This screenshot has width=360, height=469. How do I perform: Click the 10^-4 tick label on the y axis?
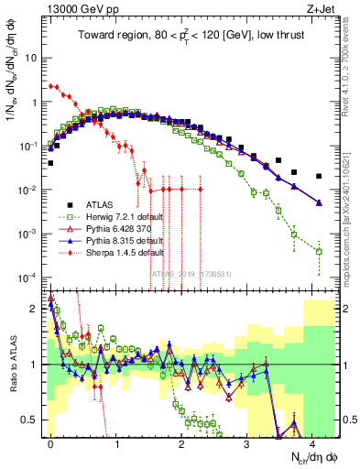click(27, 277)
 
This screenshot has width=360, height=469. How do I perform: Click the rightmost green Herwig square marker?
click(319, 251)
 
